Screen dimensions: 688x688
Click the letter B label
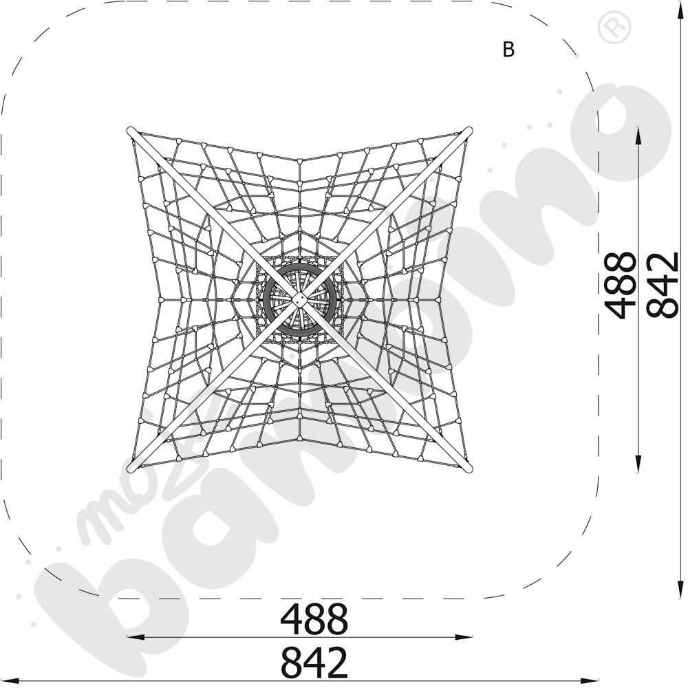[x=508, y=50]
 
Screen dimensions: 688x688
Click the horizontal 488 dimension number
[x=314, y=619]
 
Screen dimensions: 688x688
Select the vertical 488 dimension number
[x=619, y=286]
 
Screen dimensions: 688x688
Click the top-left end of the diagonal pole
[x=130, y=131]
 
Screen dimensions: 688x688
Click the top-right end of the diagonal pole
[x=469, y=131]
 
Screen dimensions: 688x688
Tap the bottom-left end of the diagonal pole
[x=130, y=469]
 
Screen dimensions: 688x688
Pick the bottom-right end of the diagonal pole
[x=469, y=469]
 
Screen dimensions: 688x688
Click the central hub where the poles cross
[x=300, y=300]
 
